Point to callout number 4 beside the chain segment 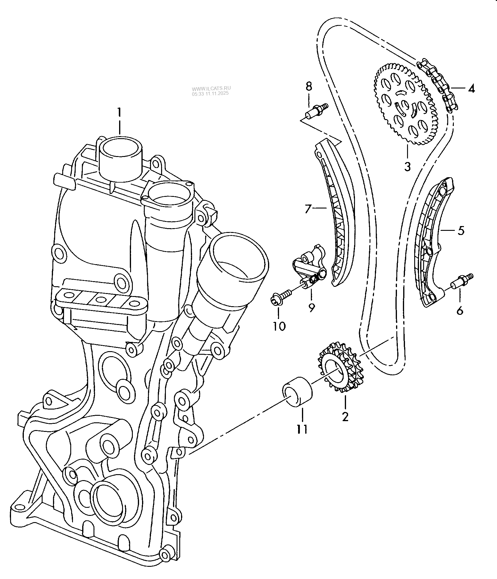pos(471,88)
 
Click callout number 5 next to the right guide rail pos(461,231)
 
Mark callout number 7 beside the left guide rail pos(308,209)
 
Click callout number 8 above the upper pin pos(309,87)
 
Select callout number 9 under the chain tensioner pos(311,307)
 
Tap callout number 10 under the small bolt pos(279,326)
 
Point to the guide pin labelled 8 pos(317,111)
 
